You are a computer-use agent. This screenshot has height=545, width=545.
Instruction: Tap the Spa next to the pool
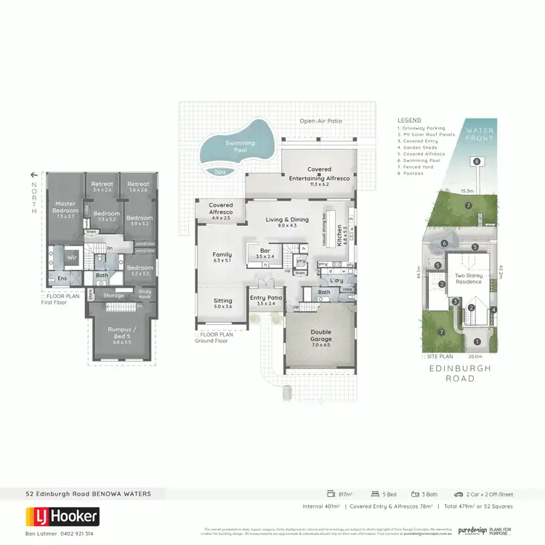pos(220,172)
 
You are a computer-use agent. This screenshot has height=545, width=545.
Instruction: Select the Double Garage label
pos(320,335)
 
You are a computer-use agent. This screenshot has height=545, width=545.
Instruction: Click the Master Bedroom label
pos(65,211)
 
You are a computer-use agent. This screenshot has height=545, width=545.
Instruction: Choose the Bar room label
pos(264,252)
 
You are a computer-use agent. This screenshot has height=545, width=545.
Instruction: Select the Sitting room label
pos(222,304)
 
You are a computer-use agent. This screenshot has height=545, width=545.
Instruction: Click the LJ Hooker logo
pos(62,517)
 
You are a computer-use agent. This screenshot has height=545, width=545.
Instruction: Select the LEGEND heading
pos(409,120)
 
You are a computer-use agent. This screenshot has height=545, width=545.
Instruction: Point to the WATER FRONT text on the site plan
pos(480,135)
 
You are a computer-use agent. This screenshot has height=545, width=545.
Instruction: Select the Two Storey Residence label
pos(468,279)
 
